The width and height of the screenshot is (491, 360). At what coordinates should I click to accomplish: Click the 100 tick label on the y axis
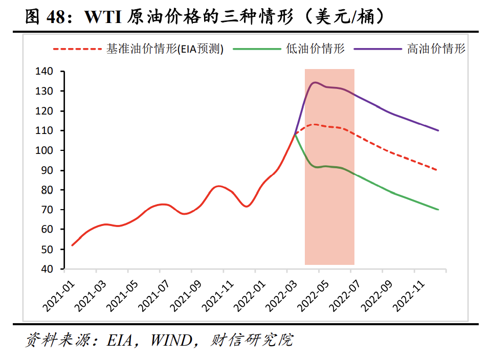coord(44,150)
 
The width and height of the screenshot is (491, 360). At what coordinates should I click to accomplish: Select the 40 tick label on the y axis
coord(47,269)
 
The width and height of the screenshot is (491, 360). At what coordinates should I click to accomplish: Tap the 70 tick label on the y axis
coord(47,210)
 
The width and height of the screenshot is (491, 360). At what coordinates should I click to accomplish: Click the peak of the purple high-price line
coord(315,82)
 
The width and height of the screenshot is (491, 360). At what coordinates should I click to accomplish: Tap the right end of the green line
coord(438,210)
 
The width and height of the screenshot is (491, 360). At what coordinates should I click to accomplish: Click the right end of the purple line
coord(438,130)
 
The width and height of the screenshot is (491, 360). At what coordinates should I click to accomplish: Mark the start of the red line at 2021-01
coord(72,245)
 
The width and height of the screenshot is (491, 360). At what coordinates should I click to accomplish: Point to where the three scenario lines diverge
coord(295,133)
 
